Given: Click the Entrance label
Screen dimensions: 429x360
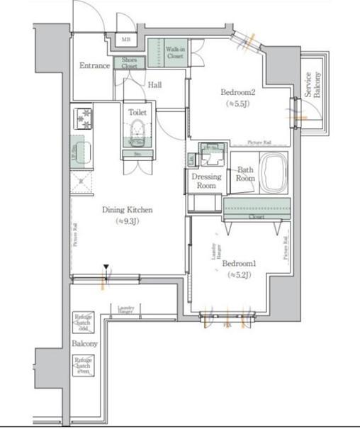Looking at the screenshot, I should pyautogui.click(x=94, y=66).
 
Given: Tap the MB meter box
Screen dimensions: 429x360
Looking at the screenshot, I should pyautogui.click(x=126, y=40).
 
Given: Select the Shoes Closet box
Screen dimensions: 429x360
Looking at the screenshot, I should pyautogui.click(x=129, y=63).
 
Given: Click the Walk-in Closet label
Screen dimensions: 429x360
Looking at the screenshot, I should pyautogui.click(x=175, y=52).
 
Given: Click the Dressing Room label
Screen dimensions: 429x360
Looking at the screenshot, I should pyautogui.click(x=206, y=181).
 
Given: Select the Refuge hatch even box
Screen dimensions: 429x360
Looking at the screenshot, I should pyautogui.click(x=82, y=365).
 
